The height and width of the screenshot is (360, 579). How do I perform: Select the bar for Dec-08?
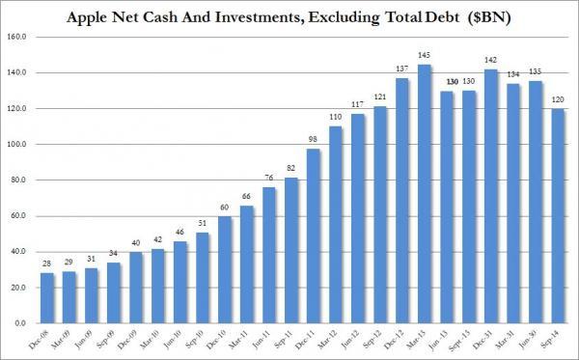tap(47, 298)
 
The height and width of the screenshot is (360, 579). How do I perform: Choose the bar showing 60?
tap(224, 270)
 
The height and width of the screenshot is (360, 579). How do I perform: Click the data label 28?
tap(47, 263)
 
